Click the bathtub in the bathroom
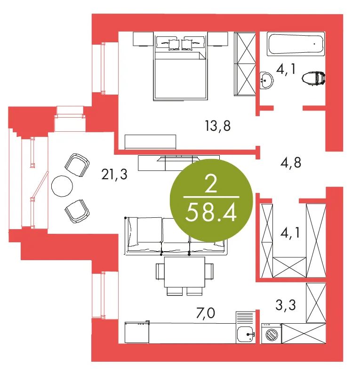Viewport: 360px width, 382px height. (x=296, y=44)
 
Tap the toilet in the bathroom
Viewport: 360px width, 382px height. (x=313, y=79)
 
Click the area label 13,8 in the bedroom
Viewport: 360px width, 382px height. (x=218, y=126)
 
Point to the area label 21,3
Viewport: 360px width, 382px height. (x=114, y=175)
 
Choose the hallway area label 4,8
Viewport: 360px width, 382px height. (x=291, y=163)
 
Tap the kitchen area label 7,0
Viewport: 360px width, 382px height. (x=206, y=313)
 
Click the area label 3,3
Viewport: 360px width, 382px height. (x=286, y=305)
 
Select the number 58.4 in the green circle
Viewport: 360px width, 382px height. (x=211, y=213)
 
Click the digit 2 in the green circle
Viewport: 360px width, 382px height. (x=211, y=183)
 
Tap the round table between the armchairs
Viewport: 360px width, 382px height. (x=62, y=186)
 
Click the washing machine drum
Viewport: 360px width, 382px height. (x=271, y=334)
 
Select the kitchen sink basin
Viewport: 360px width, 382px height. (x=246, y=334)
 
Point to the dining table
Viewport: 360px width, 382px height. (x=184, y=272)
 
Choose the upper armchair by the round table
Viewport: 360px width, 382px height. (x=77, y=165)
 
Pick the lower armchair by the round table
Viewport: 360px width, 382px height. (x=77, y=211)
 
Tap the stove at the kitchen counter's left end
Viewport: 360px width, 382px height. (x=137, y=332)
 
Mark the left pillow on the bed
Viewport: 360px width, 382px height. (x=174, y=45)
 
